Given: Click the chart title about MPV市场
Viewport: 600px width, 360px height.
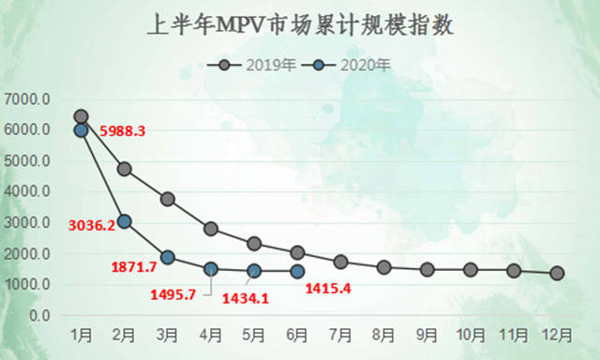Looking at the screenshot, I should (x=301, y=25).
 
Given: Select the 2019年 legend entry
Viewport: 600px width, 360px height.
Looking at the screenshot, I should (x=262, y=65).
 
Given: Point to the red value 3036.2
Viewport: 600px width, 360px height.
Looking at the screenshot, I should (x=91, y=225).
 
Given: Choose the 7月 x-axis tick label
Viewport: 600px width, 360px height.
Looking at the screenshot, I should (x=340, y=335).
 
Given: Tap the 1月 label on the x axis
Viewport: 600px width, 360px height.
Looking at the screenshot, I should (x=81, y=335).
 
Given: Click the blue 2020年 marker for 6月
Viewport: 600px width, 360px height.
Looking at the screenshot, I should (x=297, y=271).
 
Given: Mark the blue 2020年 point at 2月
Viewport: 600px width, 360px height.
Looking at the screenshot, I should (x=124, y=221).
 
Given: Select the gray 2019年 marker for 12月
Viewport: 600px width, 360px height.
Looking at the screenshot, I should (x=557, y=273).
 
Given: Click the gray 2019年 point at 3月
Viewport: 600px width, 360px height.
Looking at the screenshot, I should (x=168, y=199).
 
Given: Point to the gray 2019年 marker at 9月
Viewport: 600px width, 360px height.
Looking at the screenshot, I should (x=427, y=269).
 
